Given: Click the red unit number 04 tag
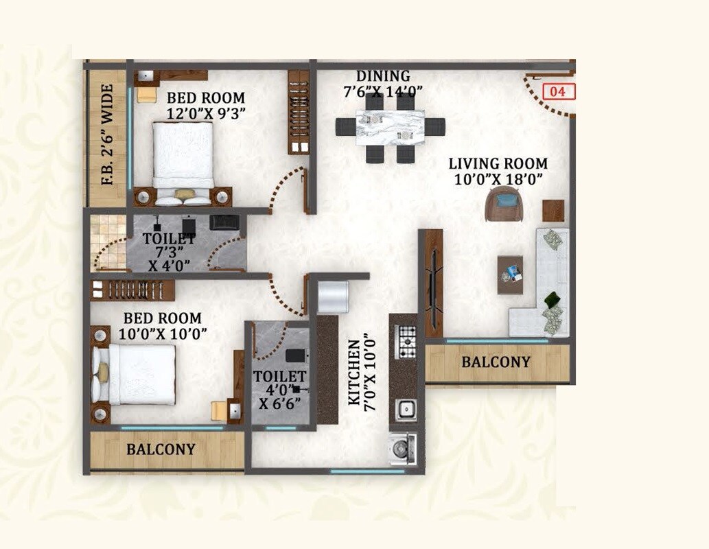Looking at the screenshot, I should click(558, 91).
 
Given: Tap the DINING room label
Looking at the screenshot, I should click(383, 76).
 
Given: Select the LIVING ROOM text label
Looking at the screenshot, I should click(498, 164).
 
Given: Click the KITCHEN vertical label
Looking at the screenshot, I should click(354, 372).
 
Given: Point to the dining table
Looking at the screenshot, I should click(390, 128).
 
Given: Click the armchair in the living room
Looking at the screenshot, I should click(503, 204).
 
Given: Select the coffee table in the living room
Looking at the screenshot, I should click(510, 274).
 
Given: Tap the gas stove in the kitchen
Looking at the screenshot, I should click(407, 341).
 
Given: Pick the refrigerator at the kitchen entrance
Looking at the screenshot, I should click(334, 296).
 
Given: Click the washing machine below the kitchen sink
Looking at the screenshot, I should click(403, 449).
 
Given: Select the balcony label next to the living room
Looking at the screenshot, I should click(496, 362).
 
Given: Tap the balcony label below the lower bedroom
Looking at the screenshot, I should click(161, 449).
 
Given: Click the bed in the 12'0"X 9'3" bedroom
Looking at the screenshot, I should click(183, 161).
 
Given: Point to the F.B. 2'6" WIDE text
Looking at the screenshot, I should click(106, 135).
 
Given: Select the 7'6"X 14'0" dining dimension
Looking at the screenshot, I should click(383, 90).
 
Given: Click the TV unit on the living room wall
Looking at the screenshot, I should click(433, 283).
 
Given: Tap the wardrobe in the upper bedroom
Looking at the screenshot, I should click(298, 112).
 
